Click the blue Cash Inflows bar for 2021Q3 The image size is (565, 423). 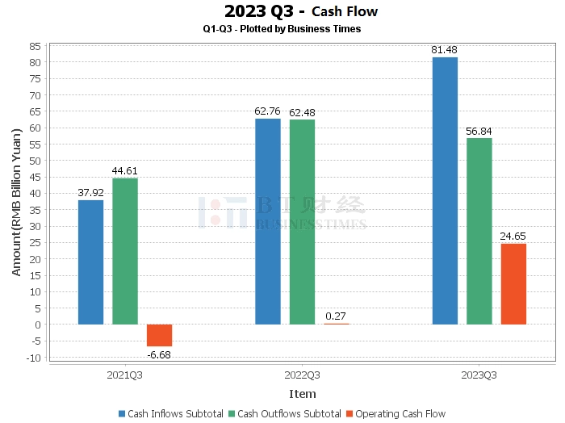pos(90,262)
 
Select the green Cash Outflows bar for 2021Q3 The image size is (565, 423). pos(125,251)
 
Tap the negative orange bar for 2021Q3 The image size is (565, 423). pos(159,335)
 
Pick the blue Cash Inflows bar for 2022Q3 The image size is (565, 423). pos(268,221)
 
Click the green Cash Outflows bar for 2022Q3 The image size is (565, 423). pos(302,222)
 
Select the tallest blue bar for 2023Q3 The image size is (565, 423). pos(445,191)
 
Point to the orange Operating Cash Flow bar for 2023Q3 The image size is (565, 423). pos(513,283)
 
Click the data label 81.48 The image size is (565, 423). pos(445,50)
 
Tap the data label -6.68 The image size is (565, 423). pos(159,354)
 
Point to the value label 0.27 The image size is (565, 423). pos(337,316)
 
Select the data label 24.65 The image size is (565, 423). pos(513,236)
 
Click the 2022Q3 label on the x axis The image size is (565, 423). pos(303,375)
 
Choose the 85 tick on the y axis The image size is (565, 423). pos(36,45)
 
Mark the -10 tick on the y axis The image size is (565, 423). pos(33,358)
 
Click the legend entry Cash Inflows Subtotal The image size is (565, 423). pos(170,413)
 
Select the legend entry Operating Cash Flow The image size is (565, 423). pos(395,413)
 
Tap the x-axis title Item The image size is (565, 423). pos(303,394)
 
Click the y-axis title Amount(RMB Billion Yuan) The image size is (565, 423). pos(16,202)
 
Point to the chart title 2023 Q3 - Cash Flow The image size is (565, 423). pos(301,11)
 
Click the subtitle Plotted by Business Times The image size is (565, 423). pos(282,28)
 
